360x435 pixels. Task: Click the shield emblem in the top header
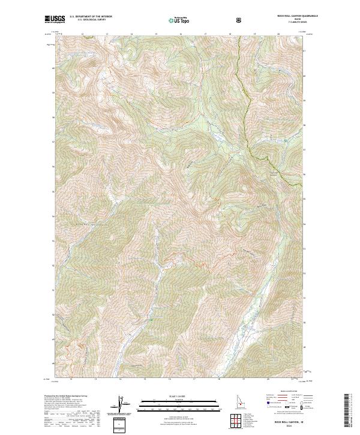pos(239,20)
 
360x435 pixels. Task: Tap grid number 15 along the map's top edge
pos(155,35)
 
